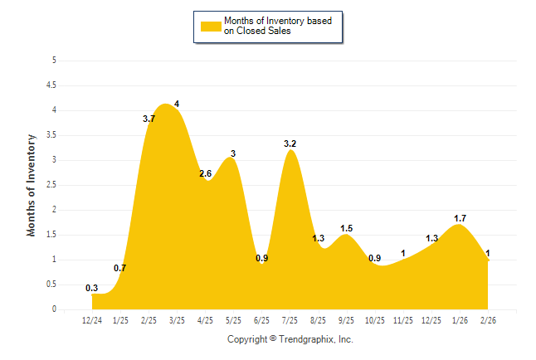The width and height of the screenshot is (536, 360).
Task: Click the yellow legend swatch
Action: [211, 26]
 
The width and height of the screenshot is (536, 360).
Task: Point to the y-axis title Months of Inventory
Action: [32, 185]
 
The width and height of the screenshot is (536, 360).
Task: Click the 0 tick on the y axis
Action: [54, 309]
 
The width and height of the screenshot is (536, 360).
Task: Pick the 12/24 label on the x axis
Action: [92, 321]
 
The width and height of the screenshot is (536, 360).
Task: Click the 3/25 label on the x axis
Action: [177, 321]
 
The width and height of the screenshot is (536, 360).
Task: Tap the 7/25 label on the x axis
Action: [290, 321]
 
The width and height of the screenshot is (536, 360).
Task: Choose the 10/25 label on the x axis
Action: [375, 321]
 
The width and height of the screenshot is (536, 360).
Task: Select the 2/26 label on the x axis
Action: [488, 321]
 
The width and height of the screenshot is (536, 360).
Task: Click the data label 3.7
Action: [149, 119]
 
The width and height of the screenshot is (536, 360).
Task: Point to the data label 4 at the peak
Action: [177, 104]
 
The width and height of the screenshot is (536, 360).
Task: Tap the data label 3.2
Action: [290, 144]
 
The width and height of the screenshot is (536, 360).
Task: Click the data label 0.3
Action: [92, 288]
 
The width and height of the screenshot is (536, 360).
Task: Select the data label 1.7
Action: [460, 218]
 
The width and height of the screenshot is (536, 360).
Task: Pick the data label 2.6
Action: [205, 173]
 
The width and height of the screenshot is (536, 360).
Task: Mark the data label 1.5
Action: [347, 228]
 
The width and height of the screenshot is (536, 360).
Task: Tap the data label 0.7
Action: [119, 268]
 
